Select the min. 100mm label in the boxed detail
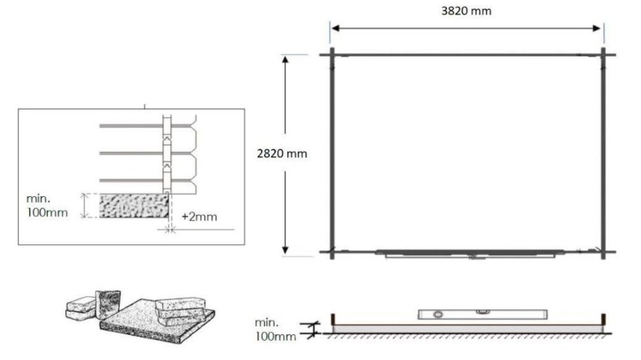[x=51, y=205]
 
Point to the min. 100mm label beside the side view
[x=275, y=327]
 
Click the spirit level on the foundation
[x=457, y=313]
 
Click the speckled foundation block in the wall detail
[x=134, y=205]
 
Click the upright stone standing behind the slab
[x=107, y=305]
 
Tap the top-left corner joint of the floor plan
[x=331, y=55]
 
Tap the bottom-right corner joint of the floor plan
[x=603, y=252]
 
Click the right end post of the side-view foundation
[x=603, y=320]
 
